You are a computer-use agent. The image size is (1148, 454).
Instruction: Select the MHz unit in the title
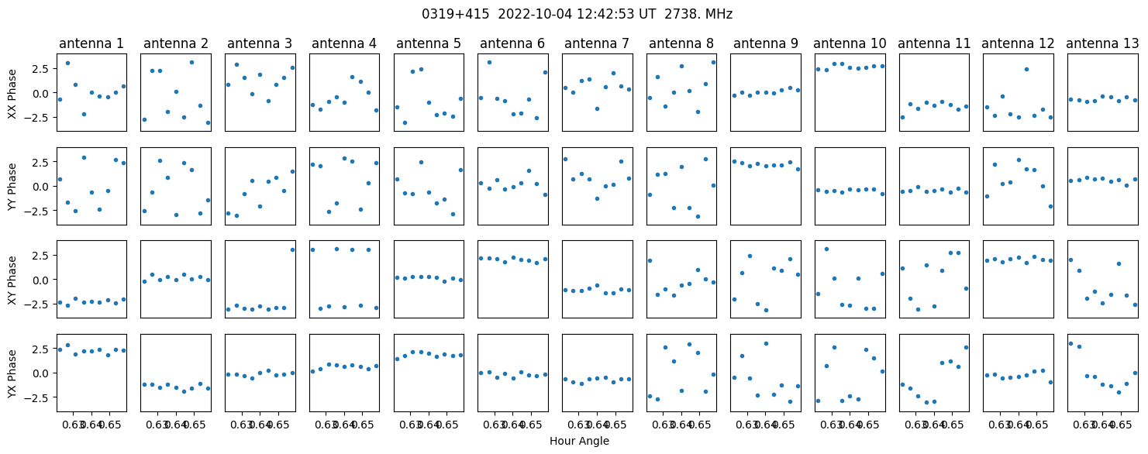719,14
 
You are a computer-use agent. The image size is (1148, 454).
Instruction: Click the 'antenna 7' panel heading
597,44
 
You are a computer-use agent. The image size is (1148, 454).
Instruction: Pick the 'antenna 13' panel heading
1102,44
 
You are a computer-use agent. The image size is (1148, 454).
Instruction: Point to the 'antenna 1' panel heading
91,44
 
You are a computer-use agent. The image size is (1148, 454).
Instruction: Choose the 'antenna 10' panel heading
850,44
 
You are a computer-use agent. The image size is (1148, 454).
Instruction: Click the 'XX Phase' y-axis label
12,93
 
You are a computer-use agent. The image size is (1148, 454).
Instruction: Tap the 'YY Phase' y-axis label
12,187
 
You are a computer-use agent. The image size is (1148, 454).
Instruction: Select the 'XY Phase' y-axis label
12,280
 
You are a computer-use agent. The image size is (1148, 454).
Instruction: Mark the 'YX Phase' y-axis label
12,373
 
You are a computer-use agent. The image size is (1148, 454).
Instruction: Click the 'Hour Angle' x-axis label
579,441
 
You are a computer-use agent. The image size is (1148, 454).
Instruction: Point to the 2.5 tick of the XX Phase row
45,68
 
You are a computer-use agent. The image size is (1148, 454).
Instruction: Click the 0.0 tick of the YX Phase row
45,373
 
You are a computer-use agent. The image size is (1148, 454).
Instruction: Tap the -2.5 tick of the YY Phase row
42,211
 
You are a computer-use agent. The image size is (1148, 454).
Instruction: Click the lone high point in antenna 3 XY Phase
293,250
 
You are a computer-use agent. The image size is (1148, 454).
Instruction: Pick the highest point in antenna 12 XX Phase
1026,69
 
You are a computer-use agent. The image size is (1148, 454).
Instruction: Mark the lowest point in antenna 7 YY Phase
597,199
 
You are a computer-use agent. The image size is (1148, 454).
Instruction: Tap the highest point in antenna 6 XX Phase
489,63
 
